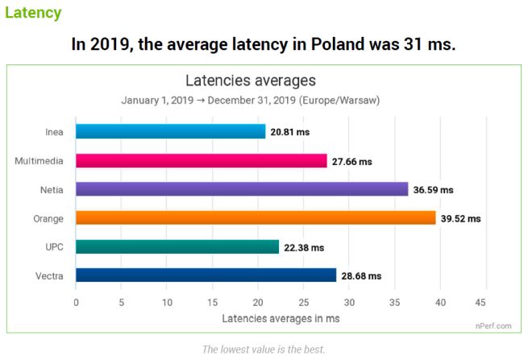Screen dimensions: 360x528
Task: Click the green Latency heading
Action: point(32,13)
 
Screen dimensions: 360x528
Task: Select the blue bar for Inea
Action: point(170,131)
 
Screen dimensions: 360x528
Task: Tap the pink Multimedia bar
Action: point(201,160)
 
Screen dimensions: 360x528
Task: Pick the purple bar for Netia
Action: point(242,189)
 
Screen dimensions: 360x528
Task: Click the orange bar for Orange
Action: point(256,217)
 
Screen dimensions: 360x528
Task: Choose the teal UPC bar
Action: point(177,246)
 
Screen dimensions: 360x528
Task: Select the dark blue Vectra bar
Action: point(206,275)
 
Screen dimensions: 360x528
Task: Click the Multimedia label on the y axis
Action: point(39,160)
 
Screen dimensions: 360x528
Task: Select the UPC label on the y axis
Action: point(54,246)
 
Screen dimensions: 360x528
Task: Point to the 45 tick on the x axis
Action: point(481,303)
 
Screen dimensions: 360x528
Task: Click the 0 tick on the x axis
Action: point(76,303)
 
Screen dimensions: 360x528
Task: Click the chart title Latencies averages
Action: point(250,81)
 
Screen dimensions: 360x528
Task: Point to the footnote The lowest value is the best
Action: point(264,349)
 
